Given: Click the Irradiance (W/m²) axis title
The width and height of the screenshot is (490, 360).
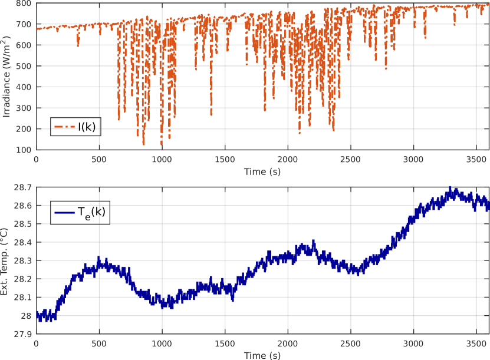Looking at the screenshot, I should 7,76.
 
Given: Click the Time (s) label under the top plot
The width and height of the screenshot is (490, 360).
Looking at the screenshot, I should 262,171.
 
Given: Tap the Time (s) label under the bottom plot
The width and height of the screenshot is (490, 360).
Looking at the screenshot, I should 262,355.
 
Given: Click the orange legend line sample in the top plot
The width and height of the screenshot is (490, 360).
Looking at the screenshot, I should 65,127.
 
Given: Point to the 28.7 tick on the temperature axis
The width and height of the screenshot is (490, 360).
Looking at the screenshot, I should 24,187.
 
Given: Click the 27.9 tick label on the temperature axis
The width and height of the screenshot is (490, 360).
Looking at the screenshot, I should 24,334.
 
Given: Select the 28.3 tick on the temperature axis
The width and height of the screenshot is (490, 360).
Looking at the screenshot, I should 24,260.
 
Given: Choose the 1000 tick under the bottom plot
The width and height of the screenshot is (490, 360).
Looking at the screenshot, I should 162,342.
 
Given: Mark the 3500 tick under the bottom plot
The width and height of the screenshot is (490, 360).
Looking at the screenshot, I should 475,342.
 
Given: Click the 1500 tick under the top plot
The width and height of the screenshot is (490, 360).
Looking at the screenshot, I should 224,158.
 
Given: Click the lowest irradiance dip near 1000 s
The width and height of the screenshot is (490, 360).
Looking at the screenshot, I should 162,144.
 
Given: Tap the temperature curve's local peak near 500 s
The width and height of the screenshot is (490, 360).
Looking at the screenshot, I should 98,259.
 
